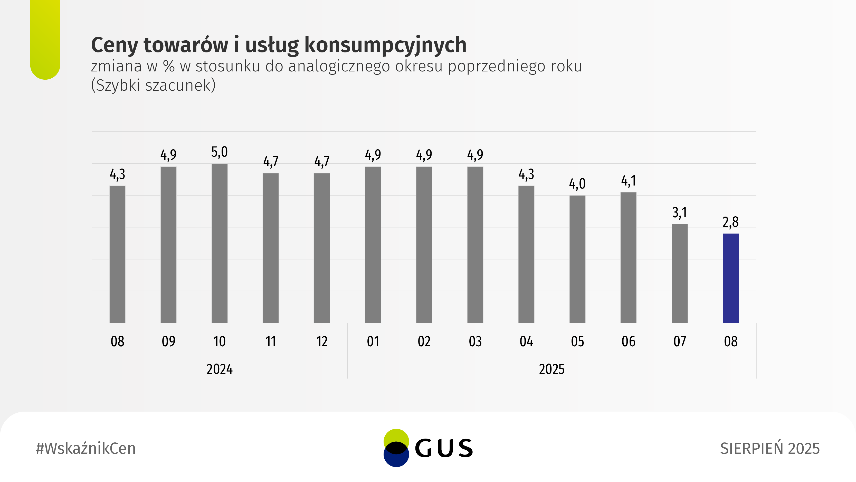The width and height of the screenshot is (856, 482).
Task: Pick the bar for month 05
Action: click(577, 259)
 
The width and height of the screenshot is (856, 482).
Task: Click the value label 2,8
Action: click(730, 222)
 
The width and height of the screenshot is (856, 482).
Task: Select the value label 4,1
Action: click(628, 181)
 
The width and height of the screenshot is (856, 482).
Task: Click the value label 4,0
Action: click(577, 184)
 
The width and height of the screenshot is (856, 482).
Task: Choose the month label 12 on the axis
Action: click(322, 342)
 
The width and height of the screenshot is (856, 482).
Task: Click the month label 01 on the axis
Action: click(373, 342)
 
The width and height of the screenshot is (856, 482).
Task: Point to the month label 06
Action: click(628, 342)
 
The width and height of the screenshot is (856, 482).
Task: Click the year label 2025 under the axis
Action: click(551, 369)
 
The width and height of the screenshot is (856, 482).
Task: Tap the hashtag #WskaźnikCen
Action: click(86, 448)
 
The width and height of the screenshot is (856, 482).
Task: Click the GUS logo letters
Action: click(444, 448)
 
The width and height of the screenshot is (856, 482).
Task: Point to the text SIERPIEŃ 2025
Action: click(769, 448)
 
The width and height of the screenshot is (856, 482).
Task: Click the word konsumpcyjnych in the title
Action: click(385, 45)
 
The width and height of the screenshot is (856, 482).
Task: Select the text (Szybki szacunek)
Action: click(153, 85)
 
